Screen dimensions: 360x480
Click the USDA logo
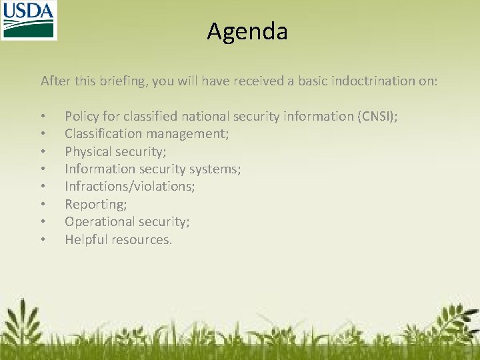click(x=29, y=20)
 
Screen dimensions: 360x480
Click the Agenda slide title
click(x=247, y=31)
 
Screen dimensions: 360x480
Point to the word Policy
click(x=81, y=117)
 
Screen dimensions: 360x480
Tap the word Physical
click(x=88, y=151)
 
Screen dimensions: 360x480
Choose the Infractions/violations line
click(x=129, y=187)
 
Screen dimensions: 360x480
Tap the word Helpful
click(x=85, y=239)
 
